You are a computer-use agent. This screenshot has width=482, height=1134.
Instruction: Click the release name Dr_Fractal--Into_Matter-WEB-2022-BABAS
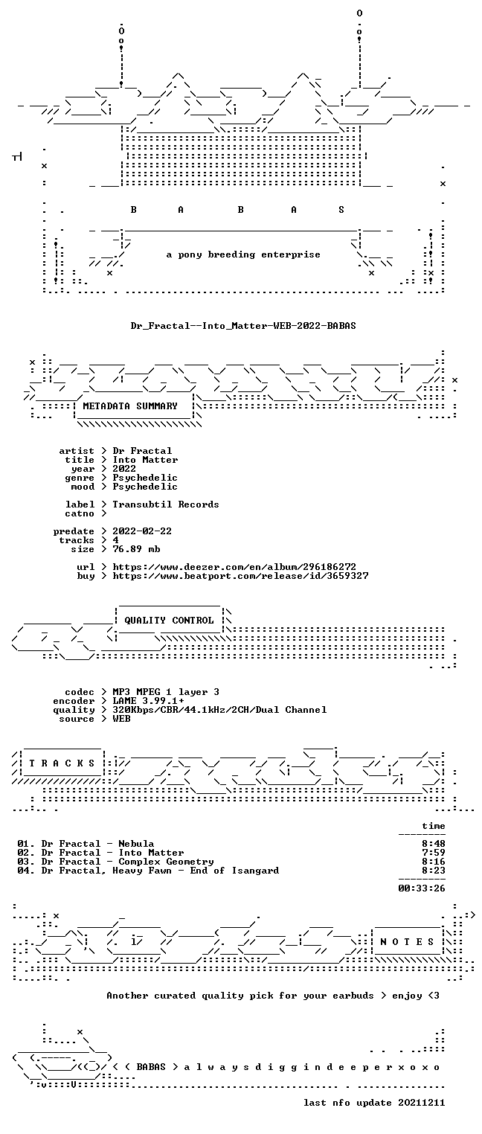pyautogui.click(x=243, y=326)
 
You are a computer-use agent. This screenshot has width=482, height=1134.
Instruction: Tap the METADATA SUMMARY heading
pyautogui.click(x=130, y=406)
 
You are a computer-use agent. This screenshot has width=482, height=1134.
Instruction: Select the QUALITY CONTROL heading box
pyautogui.click(x=169, y=621)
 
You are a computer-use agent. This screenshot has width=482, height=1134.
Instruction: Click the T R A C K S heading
pyautogui.click(x=62, y=763)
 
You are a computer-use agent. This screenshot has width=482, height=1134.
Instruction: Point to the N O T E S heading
pyautogui.click(x=407, y=942)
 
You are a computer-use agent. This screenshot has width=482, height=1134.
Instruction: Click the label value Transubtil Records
pyautogui.click(x=166, y=504)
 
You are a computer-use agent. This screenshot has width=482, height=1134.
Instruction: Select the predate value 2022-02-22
pyautogui.click(x=142, y=531)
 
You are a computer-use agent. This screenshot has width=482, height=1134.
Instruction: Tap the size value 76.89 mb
pyautogui.click(x=136, y=549)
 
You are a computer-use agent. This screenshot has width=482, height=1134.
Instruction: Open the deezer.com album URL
pyautogui.click(x=234, y=567)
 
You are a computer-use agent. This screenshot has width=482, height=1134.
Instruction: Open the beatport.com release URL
pyautogui.click(x=240, y=576)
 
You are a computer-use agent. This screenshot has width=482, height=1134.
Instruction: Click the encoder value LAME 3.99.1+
pyautogui.click(x=148, y=701)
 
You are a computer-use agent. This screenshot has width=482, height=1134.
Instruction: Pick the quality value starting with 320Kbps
pyautogui.click(x=219, y=710)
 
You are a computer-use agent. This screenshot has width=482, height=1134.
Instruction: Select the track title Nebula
pyautogui.click(x=136, y=844)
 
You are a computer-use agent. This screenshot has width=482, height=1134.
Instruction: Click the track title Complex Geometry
pyautogui.click(x=166, y=862)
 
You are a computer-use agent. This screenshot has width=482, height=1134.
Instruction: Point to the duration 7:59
pyautogui.click(x=434, y=853)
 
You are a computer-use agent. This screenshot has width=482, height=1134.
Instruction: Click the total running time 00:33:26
pyautogui.click(x=422, y=888)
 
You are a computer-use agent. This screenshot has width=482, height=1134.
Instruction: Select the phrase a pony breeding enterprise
pyautogui.click(x=243, y=254)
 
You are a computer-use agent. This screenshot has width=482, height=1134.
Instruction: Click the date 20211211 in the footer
pyautogui.click(x=422, y=1103)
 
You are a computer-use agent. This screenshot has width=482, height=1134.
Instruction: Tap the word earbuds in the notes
pyautogui.click(x=353, y=996)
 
